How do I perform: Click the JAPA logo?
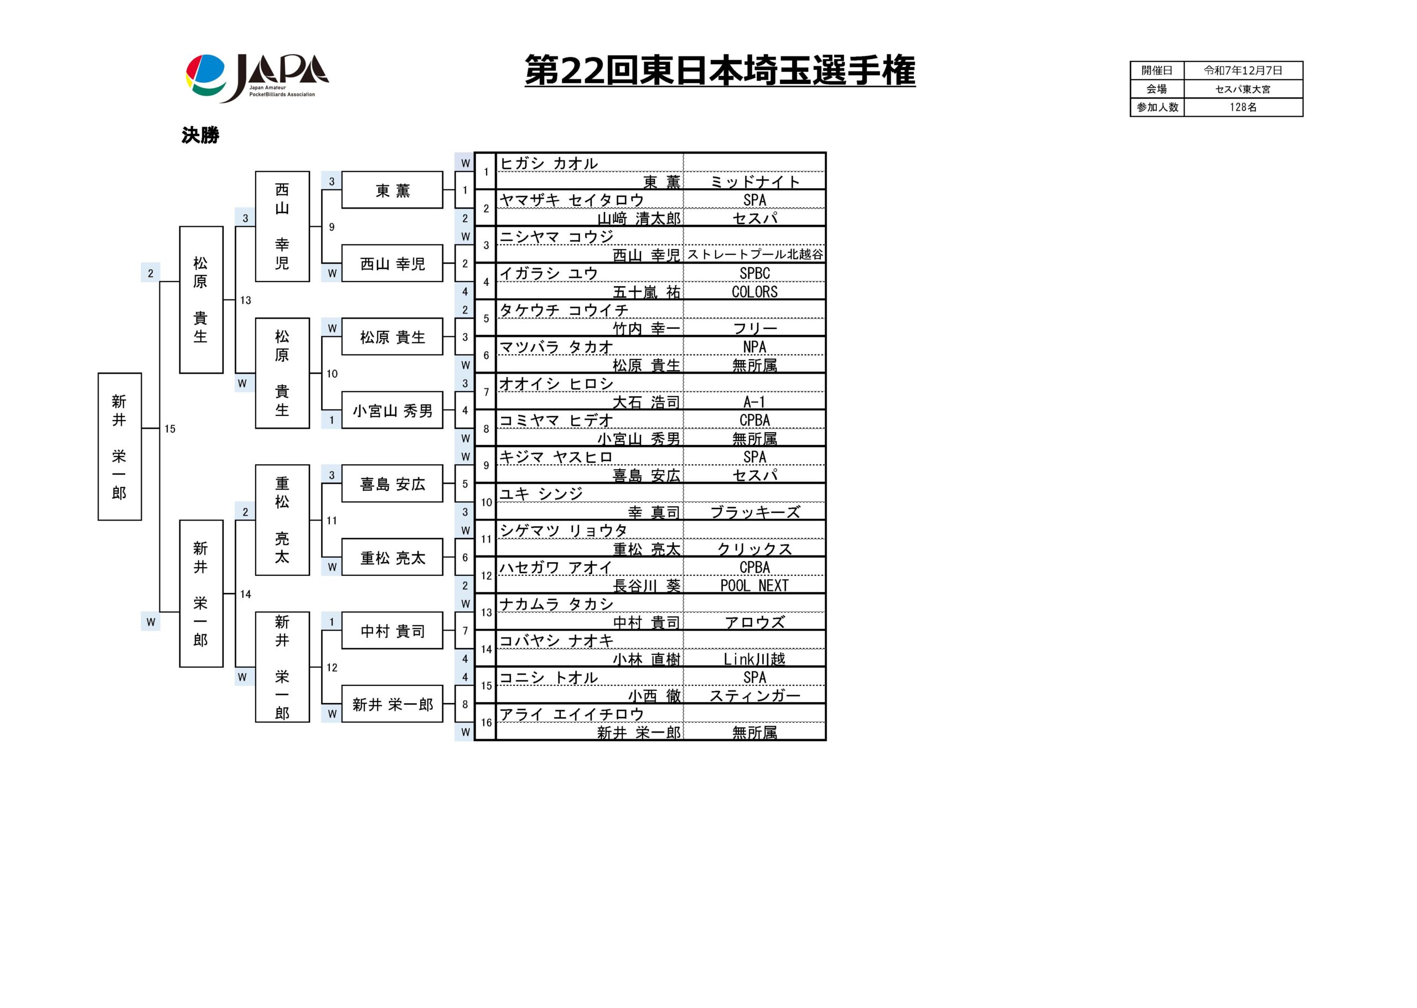[x=257, y=77]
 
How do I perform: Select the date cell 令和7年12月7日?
[x=1243, y=71]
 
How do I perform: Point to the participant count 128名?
[x=1243, y=107]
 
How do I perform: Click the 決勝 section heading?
[x=200, y=136]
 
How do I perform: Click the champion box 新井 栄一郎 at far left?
[x=119, y=446]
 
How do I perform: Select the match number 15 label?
[x=169, y=429]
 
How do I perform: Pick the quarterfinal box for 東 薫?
[x=392, y=190]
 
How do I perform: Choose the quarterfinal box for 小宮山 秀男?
[x=392, y=411]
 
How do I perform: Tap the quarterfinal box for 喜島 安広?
[x=392, y=484]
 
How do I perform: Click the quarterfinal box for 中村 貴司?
[x=392, y=631]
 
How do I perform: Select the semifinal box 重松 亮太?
[x=282, y=519]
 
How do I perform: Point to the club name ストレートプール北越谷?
[x=754, y=254]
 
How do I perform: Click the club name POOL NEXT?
[x=754, y=585]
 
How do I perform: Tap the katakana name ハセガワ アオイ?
[x=556, y=567]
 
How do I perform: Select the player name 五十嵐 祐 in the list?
[x=646, y=292]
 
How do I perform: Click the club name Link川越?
[x=754, y=658]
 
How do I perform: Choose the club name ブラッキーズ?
[x=754, y=512]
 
